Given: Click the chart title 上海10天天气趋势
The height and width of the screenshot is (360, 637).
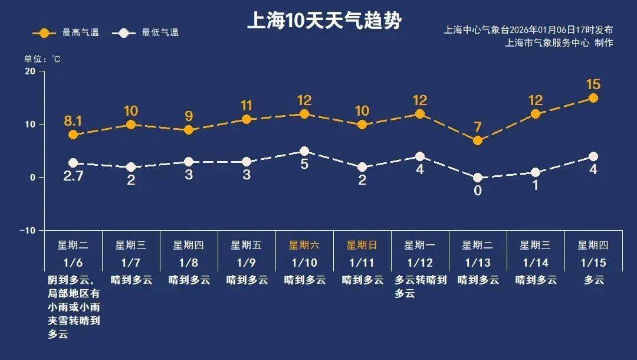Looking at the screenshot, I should pos(324,21).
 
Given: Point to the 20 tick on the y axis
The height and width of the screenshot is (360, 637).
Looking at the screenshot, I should pos(29,71).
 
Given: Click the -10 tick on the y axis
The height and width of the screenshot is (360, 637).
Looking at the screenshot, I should pos(27,230).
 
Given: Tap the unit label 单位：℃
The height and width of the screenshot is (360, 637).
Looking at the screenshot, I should pos(42,59).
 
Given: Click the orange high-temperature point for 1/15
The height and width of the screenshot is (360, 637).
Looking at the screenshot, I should pos(593,98).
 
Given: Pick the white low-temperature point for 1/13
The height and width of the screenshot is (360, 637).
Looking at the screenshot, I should pos(478,178).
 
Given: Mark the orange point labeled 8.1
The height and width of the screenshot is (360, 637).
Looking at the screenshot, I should pos(73,135).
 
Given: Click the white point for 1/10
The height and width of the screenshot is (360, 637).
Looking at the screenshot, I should pos(304,151).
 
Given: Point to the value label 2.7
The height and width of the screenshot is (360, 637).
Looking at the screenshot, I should pos(73,176).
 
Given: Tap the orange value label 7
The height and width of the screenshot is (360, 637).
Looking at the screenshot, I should pos(478,126).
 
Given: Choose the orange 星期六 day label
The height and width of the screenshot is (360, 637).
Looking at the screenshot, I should pos(304,245).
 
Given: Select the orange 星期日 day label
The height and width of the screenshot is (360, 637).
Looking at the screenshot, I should pos(362,245).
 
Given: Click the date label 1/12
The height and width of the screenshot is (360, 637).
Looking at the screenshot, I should pos(420,261).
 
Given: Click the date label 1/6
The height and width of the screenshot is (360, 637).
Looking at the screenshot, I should pos(73,261).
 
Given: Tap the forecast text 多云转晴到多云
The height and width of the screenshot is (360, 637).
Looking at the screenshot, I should pos(420,286).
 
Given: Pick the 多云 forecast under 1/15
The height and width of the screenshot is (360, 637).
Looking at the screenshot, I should pos(593,280).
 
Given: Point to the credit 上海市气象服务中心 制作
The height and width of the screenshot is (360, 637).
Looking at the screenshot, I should pos(559,43).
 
